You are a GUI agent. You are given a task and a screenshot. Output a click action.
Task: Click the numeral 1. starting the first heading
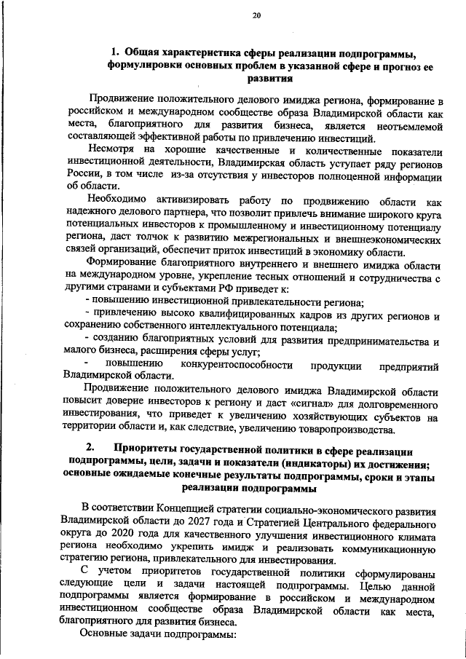tap(115, 52)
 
